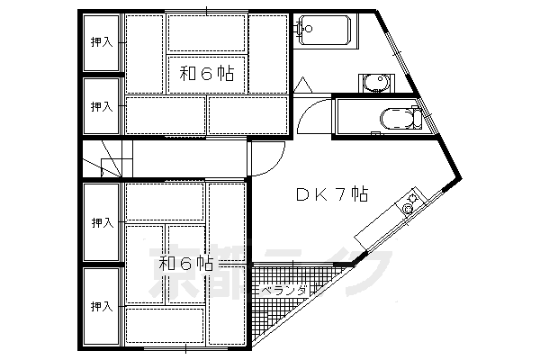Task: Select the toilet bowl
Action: tap(394, 120)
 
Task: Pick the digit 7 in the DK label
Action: tap(343, 193)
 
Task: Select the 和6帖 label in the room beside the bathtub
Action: tap(206, 74)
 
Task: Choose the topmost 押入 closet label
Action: tap(101, 41)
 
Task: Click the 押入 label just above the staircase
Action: tap(101, 106)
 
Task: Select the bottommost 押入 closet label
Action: tap(101, 306)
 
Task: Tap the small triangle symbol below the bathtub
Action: tap(303, 85)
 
